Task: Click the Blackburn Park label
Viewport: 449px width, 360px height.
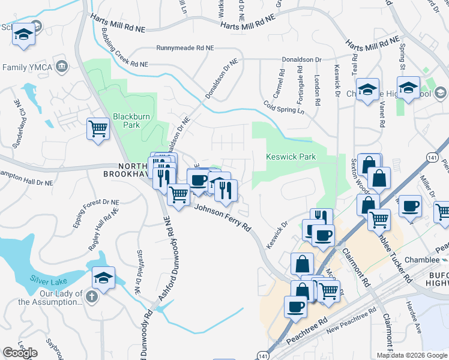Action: click(x=126, y=121)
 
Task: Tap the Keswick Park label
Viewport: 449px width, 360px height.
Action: click(x=291, y=157)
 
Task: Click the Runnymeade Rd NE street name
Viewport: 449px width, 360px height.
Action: click(x=184, y=47)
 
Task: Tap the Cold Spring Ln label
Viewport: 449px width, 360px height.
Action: click(x=284, y=106)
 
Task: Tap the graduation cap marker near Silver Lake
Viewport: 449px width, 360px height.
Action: click(x=104, y=278)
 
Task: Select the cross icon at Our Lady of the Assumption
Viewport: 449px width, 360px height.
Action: click(x=91, y=297)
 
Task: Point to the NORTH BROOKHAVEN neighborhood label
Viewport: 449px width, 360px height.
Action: click(x=123, y=170)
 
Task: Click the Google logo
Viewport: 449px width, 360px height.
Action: click(x=20, y=352)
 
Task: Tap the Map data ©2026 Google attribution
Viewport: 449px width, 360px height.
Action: click(x=411, y=355)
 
